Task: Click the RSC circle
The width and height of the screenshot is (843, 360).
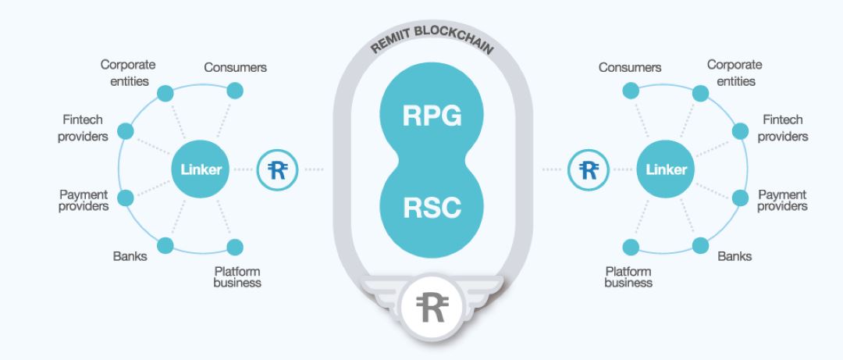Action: coord(432,207)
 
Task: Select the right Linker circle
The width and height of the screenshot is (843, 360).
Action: coord(665,169)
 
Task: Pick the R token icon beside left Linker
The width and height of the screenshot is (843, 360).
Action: coord(277,169)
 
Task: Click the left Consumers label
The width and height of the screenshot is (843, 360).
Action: coord(235,68)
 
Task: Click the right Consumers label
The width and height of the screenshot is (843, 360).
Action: coord(630,68)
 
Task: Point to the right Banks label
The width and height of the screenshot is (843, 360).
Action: coord(735,255)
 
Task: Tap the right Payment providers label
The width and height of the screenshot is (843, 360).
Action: coord(781,200)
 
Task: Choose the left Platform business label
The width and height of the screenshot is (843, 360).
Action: coord(237,277)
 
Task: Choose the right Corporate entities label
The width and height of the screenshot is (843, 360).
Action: coord(735,72)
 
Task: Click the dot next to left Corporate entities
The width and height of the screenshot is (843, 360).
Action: coord(165,94)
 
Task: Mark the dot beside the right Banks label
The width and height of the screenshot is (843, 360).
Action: coord(700,245)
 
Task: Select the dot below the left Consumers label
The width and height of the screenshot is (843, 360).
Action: coord(234,91)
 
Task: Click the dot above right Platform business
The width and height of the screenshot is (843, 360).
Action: coord(631,246)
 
